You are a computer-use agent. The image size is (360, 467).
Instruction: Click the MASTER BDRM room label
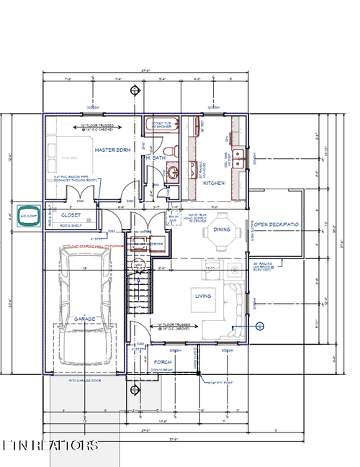pos(112,149)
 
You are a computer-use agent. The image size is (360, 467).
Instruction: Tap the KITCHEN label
pos(212,183)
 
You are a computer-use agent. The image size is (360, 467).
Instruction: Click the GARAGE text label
pos(85,319)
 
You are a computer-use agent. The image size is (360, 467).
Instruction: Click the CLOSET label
pos(71,214)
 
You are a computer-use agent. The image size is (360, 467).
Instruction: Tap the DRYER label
pos(157,244)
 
